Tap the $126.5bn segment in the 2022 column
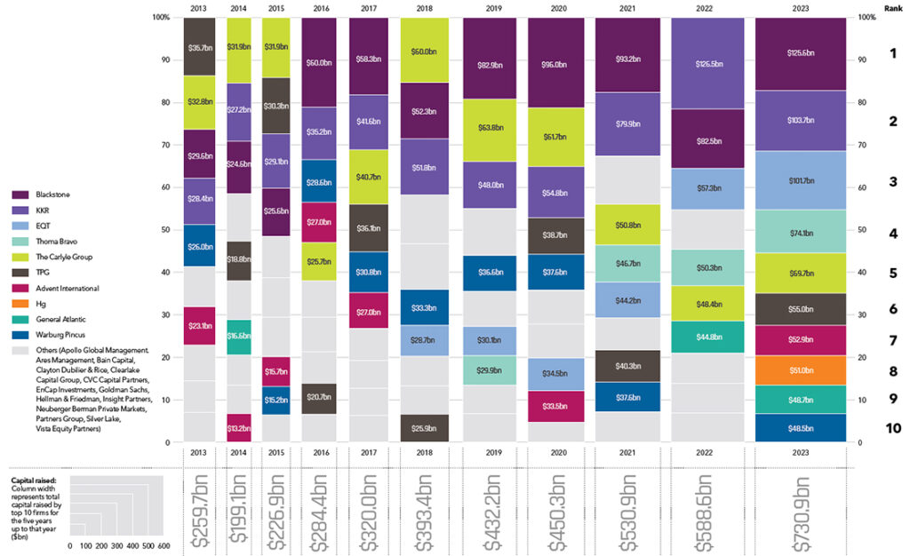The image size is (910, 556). (x=708, y=63)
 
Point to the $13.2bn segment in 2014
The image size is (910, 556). (x=238, y=428)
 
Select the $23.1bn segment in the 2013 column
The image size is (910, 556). (x=198, y=326)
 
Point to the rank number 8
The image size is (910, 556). (x=892, y=370)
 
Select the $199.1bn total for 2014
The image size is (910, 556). (x=238, y=515)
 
